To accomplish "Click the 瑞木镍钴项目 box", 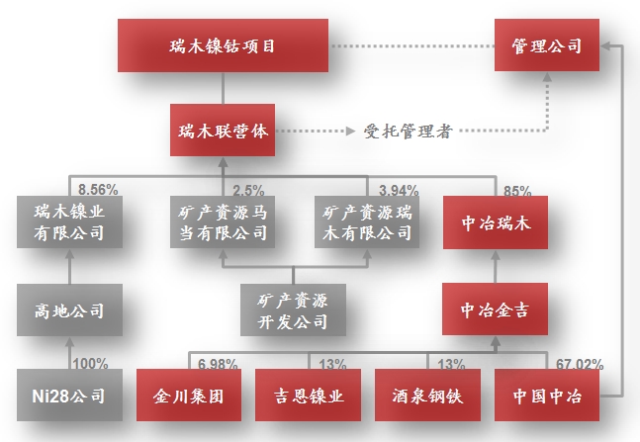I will coord(223,45).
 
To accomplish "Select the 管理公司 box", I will coord(547,45).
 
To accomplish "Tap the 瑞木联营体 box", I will coord(223,130).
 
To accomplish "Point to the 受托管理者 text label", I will coord(408,131).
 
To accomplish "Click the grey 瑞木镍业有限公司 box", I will coord(68,222).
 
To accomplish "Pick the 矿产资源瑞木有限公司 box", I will coord(367,222).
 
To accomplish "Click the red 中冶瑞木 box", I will coord(496,222).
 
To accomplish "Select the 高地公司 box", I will coord(68,309).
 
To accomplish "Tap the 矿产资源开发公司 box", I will coord(292,309).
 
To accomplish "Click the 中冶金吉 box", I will coord(496,309).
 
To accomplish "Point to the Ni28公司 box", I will coord(68,398).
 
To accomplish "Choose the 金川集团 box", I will coord(188,398).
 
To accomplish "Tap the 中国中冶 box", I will coord(547,398).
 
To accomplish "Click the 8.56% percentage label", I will coord(97,187).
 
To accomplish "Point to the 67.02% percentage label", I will coord(579,364).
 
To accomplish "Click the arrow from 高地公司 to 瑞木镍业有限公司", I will coord(68,266).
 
